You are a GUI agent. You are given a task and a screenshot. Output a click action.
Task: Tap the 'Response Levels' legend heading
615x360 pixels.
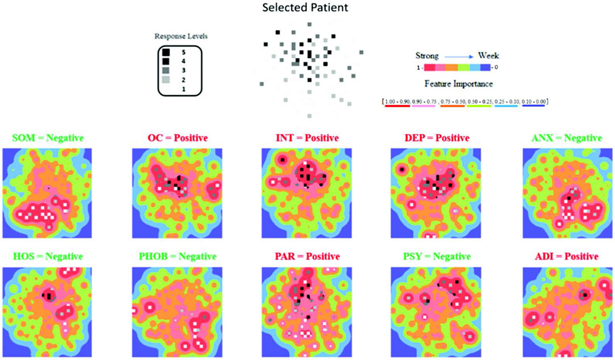(181, 36)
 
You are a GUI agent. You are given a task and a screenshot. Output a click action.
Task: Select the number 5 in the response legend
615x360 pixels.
(184, 52)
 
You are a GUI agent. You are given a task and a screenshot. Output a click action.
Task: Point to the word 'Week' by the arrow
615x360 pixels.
(489, 56)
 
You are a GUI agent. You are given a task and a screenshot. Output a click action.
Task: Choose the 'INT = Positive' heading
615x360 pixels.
(302, 138)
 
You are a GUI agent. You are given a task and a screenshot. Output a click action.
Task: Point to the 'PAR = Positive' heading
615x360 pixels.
(302, 256)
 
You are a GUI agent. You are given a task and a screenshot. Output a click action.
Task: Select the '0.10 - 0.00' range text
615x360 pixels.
(531, 101)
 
